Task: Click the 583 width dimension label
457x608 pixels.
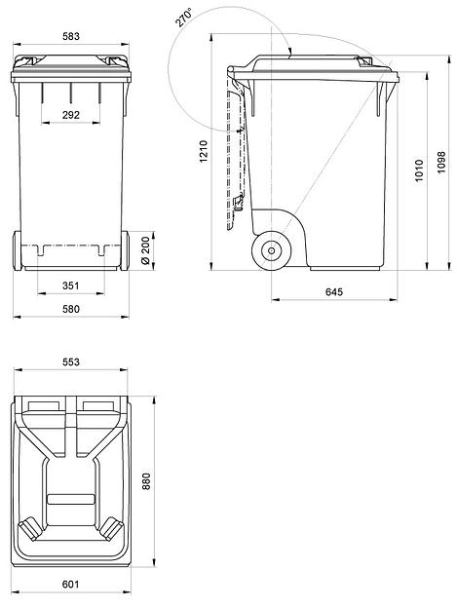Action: coord(71,36)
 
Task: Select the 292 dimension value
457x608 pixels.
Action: coord(71,115)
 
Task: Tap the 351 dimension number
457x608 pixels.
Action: coord(70,285)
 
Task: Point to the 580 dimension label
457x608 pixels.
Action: coord(71,309)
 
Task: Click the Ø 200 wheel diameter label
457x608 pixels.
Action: coord(145,250)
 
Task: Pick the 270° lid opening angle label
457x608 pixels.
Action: coord(183,19)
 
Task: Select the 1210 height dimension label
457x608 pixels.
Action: coord(204,152)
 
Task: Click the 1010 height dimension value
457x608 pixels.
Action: coord(419,171)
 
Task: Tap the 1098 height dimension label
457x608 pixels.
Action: coord(441,163)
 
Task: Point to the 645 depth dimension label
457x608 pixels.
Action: coord(334,291)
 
